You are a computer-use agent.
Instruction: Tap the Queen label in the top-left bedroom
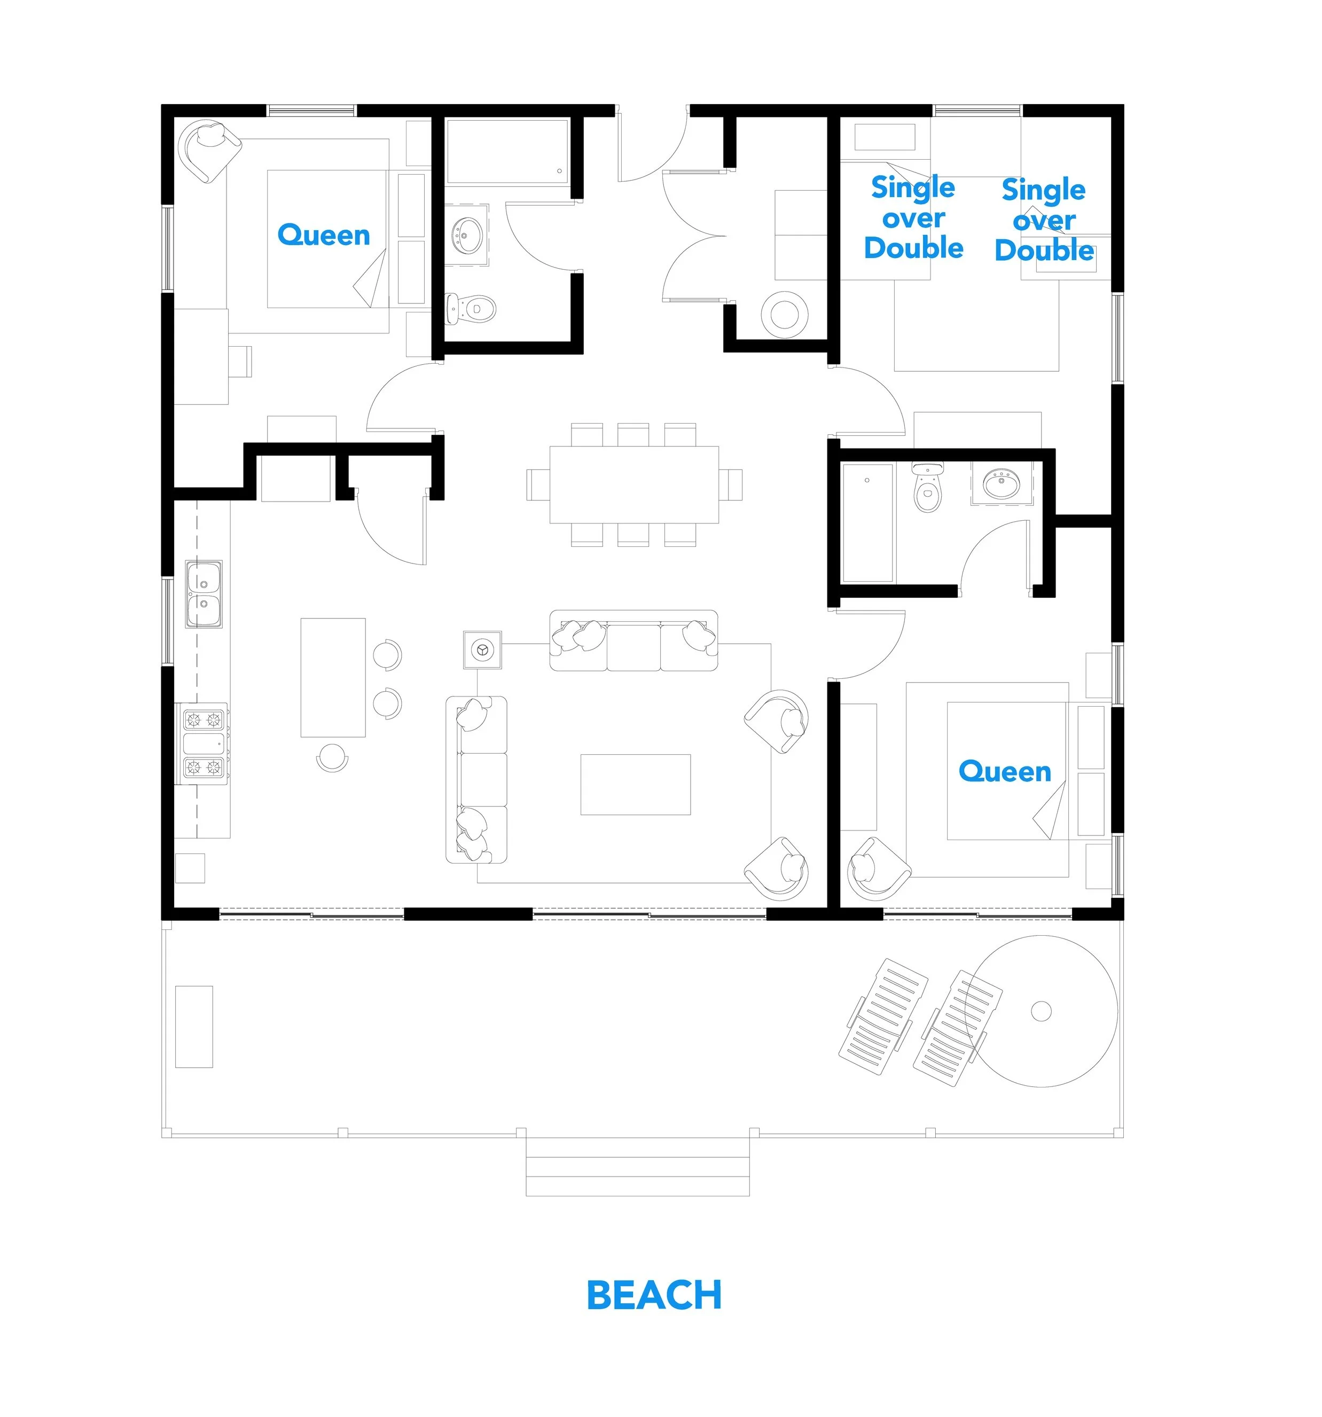click(324, 234)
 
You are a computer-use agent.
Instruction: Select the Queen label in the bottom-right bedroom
click(1004, 771)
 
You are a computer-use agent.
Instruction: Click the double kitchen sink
click(204, 594)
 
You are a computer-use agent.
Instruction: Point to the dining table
click(633, 484)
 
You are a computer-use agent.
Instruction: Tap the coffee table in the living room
click(635, 784)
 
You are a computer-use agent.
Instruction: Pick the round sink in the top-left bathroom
click(467, 234)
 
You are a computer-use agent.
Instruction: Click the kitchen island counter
click(333, 677)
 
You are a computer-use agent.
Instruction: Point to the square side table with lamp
click(482, 649)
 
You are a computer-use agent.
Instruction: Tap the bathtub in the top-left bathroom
click(507, 152)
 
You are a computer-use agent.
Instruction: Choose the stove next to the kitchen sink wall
click(204, 743)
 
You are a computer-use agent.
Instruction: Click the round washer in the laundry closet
click(784, 313)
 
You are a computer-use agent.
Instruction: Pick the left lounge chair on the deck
click(882, 1017)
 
